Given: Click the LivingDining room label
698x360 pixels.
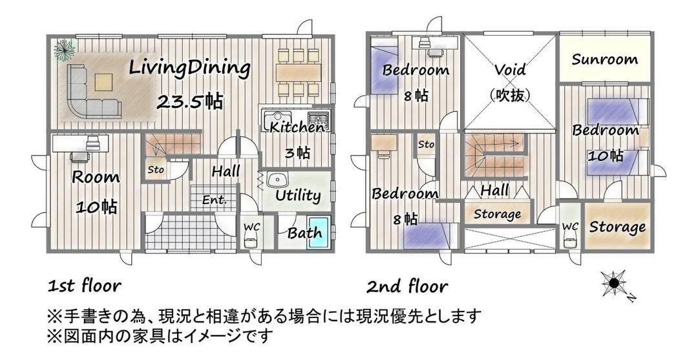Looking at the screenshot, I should click(x=189, y=67).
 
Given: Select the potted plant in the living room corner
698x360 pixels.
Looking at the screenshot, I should click(x=64, y=48).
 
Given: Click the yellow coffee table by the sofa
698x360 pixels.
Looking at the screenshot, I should click(x=103, y=82).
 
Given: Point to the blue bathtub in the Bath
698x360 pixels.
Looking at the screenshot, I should click(x=318, y=233).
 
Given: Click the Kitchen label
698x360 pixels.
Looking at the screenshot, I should click(x=297, y=127).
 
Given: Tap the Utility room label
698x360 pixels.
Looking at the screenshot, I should click(x=298, y=195).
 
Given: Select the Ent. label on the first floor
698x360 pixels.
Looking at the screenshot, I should click(x=214, y=200).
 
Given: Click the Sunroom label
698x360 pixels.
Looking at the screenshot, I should click(x=605, y=59).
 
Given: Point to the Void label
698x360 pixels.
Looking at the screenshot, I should click(x=510, y=70).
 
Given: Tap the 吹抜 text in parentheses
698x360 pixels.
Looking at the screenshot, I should click(x=510, y=94).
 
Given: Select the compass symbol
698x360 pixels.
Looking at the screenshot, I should click(x=614, y=284).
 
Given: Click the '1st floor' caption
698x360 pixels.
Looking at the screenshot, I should click(x=84, y=285).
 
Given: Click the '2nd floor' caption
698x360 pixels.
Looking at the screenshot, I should click(x=407, y=285).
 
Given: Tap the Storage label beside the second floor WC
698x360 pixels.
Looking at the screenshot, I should click(x=617, y=227).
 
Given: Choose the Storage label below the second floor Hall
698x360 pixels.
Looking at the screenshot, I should click(x=498, y=214).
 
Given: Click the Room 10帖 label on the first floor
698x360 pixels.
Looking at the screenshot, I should click(x=96, y=191).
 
